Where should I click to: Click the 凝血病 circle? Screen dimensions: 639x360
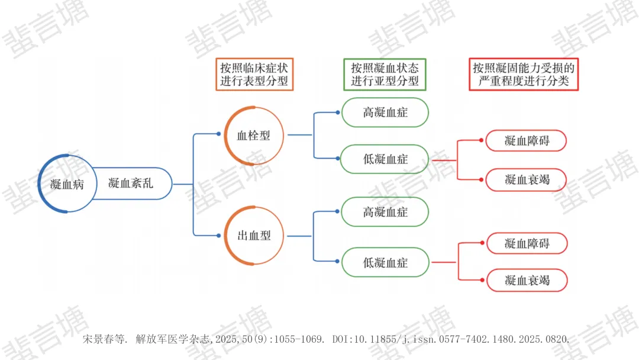point(67,184)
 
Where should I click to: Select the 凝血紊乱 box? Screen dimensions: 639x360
point(131,184)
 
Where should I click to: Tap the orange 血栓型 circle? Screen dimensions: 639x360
point(253,135)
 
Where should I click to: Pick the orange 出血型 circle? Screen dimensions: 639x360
point(253,235)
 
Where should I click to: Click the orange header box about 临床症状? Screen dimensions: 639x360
point(254,74)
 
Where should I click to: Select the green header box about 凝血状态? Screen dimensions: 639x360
point(385,74)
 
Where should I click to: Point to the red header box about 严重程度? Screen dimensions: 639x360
point(524,74)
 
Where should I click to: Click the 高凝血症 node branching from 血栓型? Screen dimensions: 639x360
point(385,112)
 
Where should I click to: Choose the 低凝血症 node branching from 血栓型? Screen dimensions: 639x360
point(385,160)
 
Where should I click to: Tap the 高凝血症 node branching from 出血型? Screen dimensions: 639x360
point(385,212)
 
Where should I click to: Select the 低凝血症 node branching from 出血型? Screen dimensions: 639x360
point(385,262)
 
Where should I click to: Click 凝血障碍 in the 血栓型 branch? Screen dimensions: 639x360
point(527,141)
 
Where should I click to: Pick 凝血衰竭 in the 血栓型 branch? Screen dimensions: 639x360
point(527,179)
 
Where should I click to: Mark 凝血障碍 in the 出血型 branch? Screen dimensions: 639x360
point(527,243)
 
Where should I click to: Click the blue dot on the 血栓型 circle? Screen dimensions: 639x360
point(219,134)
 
